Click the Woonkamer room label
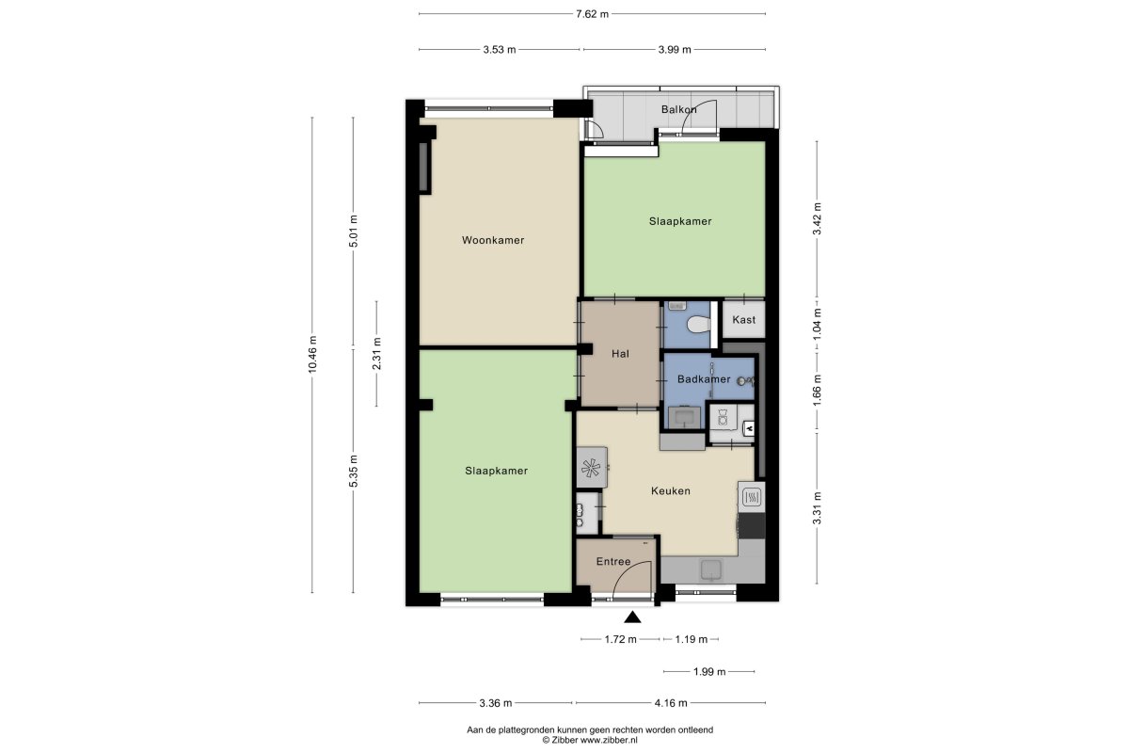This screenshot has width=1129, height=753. point(493,240)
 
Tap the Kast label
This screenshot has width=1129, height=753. point(744,319)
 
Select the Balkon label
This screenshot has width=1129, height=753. point(679,109)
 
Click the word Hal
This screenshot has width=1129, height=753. point(620,354)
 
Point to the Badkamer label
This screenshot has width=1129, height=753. point(704,378)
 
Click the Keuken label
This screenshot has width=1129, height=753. point(670,490)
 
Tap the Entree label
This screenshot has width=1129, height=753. point(613,561)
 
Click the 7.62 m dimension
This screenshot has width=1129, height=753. point(592,14)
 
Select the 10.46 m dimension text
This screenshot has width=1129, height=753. point(312,355)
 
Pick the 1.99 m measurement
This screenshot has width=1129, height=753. point(709,671)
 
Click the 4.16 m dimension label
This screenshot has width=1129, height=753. point(671,702)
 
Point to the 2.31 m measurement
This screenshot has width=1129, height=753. point(376,354)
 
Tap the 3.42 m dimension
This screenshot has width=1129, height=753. point(817,219)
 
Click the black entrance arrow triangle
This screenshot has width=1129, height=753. point(632,617)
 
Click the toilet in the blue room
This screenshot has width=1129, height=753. point(698,324)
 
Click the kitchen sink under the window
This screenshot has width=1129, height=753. point(711,569)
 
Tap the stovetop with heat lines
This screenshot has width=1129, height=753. point(752,498)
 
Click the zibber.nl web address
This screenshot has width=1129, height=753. point(609,741)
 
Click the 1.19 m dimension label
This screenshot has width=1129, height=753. point(691,639)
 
